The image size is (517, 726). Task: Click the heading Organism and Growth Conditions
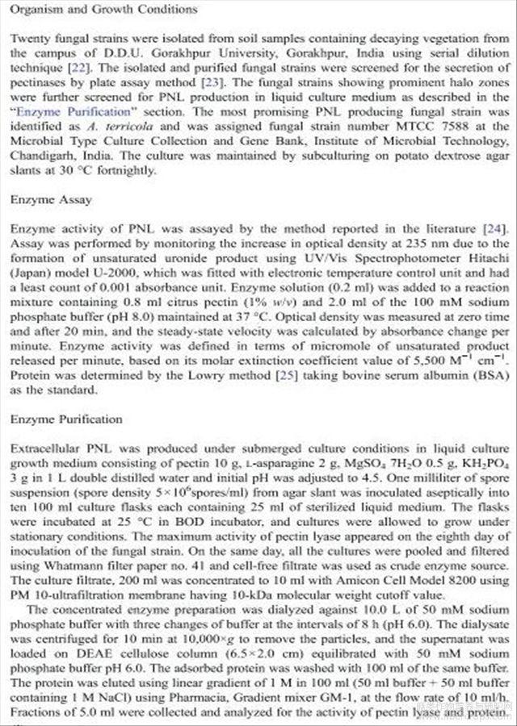[104, 10]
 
